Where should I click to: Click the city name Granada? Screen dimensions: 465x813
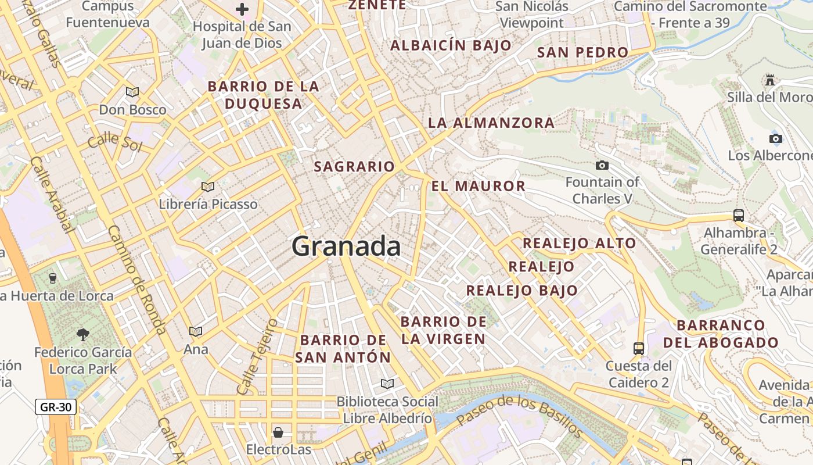(346, 246)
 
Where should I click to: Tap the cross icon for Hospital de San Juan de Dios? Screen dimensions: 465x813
(242, 9)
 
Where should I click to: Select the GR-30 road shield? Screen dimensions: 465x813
(56, 407)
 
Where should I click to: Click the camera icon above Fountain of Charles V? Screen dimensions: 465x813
(602, 165)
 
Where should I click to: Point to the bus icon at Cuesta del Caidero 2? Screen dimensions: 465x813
(639, 349)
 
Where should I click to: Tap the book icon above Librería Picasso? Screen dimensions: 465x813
(208, 187)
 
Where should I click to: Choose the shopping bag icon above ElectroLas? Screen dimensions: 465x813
(278, 432)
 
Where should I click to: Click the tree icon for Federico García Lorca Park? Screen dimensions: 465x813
(83, 334)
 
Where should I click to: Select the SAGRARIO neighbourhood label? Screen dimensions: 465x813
(354, 167)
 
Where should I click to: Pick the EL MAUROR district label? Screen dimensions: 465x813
(479, 187)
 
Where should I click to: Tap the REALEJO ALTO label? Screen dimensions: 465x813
(580, 243)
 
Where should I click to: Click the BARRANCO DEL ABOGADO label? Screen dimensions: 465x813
(721, 334)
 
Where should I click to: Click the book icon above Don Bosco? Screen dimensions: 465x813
(132, 92)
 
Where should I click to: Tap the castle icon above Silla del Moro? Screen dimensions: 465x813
(770, 80)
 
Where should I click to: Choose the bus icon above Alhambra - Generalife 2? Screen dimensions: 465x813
(739, 216)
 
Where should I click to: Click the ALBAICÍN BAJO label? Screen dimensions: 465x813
(451, 45)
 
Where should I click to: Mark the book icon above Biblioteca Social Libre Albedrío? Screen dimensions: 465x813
(387, 384)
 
